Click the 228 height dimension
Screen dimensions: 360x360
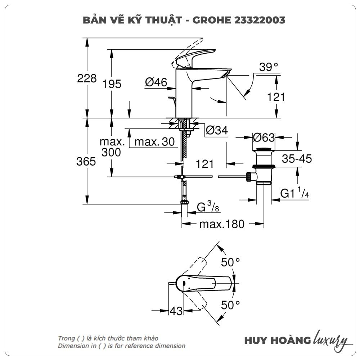point(87,78)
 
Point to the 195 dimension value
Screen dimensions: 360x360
point(112,84)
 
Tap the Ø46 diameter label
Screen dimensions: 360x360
point(156,82)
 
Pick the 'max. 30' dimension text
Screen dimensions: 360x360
point(154,142)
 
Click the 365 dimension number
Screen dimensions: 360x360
point(86,161)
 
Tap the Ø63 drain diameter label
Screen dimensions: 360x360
point(264,137)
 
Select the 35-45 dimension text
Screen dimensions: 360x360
point(297,158)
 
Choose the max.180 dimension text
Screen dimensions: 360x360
point(222,224)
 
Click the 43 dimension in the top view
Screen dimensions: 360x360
point(176,311)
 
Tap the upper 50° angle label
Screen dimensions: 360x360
point(230,262)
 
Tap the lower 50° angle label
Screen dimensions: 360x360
point(230,306)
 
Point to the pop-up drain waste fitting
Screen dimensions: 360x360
point(264,166)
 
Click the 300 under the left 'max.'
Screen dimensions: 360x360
point(111,152)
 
